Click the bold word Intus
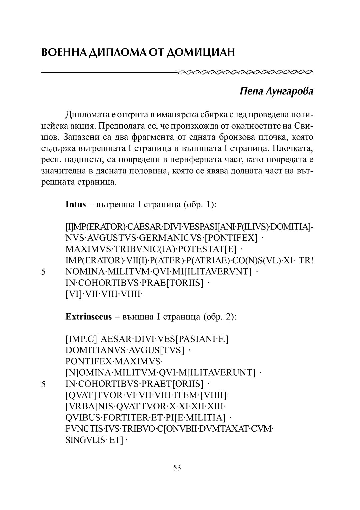(76, 204)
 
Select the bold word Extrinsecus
(89, 317)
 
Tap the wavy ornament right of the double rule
(245, 71)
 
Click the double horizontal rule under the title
(109, 71)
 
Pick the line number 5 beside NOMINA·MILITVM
(43, 272)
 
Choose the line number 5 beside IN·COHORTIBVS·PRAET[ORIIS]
(43, 384)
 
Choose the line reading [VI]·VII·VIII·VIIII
(104, 295)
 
